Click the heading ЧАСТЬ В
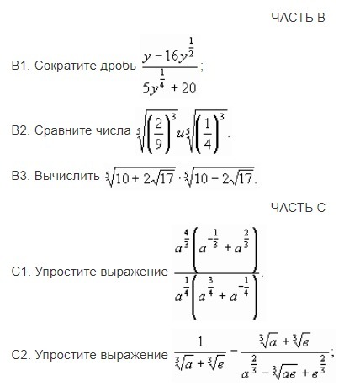(x=298, y=18)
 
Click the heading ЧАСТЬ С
(x=298, y=208)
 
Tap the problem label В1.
(x=21, y=66)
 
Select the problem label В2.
(x=21, y=130)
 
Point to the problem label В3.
(x=21, y=176)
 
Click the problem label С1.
(x=21, y=272)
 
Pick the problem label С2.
(x=21, y=355)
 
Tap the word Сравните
(x=64, y=131)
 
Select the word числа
(x=114, y=131)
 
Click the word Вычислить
(x=67, y=177)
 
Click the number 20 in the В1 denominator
(x=188, y=88)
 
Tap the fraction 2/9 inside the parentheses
(x=159, y=131)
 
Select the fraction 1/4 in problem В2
(x=207, y=131)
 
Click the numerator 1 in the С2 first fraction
(x=200, y=342)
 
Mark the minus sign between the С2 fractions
(x=235, y=351)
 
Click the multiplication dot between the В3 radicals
(x=180, y=179)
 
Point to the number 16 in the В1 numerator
(x=170, y=56)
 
